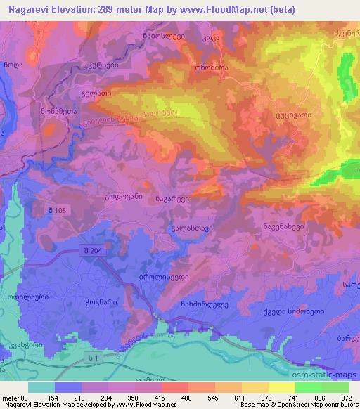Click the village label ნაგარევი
[x=172, y=199]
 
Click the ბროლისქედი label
[x=165, y=277]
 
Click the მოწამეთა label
[x=52, y=110]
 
